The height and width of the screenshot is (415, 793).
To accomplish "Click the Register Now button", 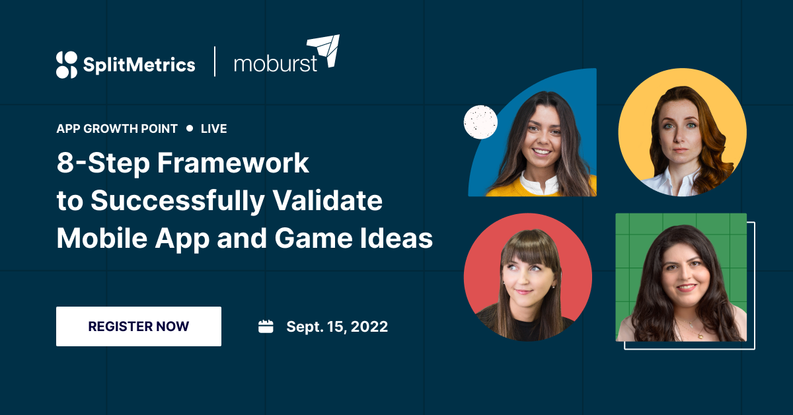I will pos(139,326).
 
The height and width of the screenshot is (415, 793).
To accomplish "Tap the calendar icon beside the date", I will pos(266,326).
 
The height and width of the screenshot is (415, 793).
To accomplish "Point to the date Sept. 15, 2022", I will pos(337,326).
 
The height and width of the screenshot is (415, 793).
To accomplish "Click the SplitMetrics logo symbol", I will pos(67,64).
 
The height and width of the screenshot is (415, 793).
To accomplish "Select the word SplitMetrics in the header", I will pos(139,65).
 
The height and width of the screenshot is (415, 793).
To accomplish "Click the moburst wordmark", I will pos(276,64).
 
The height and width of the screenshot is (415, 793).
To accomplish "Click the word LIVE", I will pos(214,129).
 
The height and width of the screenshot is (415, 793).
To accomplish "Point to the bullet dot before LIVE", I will pos(190,129).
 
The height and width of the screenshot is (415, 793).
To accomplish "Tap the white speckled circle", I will pos(480,122).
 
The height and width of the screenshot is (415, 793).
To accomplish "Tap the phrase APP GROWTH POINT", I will pos(117,129).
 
